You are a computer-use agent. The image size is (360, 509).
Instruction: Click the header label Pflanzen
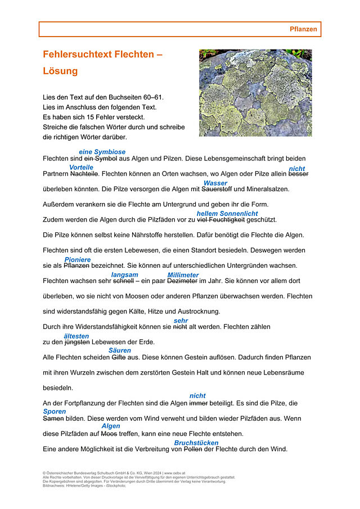coord(303,29)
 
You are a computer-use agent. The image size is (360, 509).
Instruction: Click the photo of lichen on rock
coord(255,92)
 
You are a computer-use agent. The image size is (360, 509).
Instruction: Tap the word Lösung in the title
coord(60,71)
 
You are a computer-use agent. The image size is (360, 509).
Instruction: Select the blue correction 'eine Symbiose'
coord(102,152)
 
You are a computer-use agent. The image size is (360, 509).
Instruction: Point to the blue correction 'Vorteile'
coord(81,168)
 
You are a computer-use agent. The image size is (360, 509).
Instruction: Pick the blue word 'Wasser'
coord(215,183)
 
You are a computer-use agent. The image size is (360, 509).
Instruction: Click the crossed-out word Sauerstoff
coord(217,190)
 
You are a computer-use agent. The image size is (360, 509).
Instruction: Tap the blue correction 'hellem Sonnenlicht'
coord(227,214)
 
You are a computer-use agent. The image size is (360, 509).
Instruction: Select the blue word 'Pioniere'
coord(77,260)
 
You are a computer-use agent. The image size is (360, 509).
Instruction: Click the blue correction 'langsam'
coord(124,274)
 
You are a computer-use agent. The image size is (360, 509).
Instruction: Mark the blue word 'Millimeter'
coord(183,275)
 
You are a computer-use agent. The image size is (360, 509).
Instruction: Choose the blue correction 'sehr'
coord(181,321)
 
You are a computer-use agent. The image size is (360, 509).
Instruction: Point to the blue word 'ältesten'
coord(76,336)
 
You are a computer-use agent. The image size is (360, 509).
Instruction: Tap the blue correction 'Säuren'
coord(119,350)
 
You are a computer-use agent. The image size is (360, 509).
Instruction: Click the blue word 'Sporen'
coord(55,412)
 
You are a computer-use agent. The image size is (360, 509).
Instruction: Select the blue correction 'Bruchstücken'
coord(196,443)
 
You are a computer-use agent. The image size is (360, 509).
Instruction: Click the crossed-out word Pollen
coord(193,449)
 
